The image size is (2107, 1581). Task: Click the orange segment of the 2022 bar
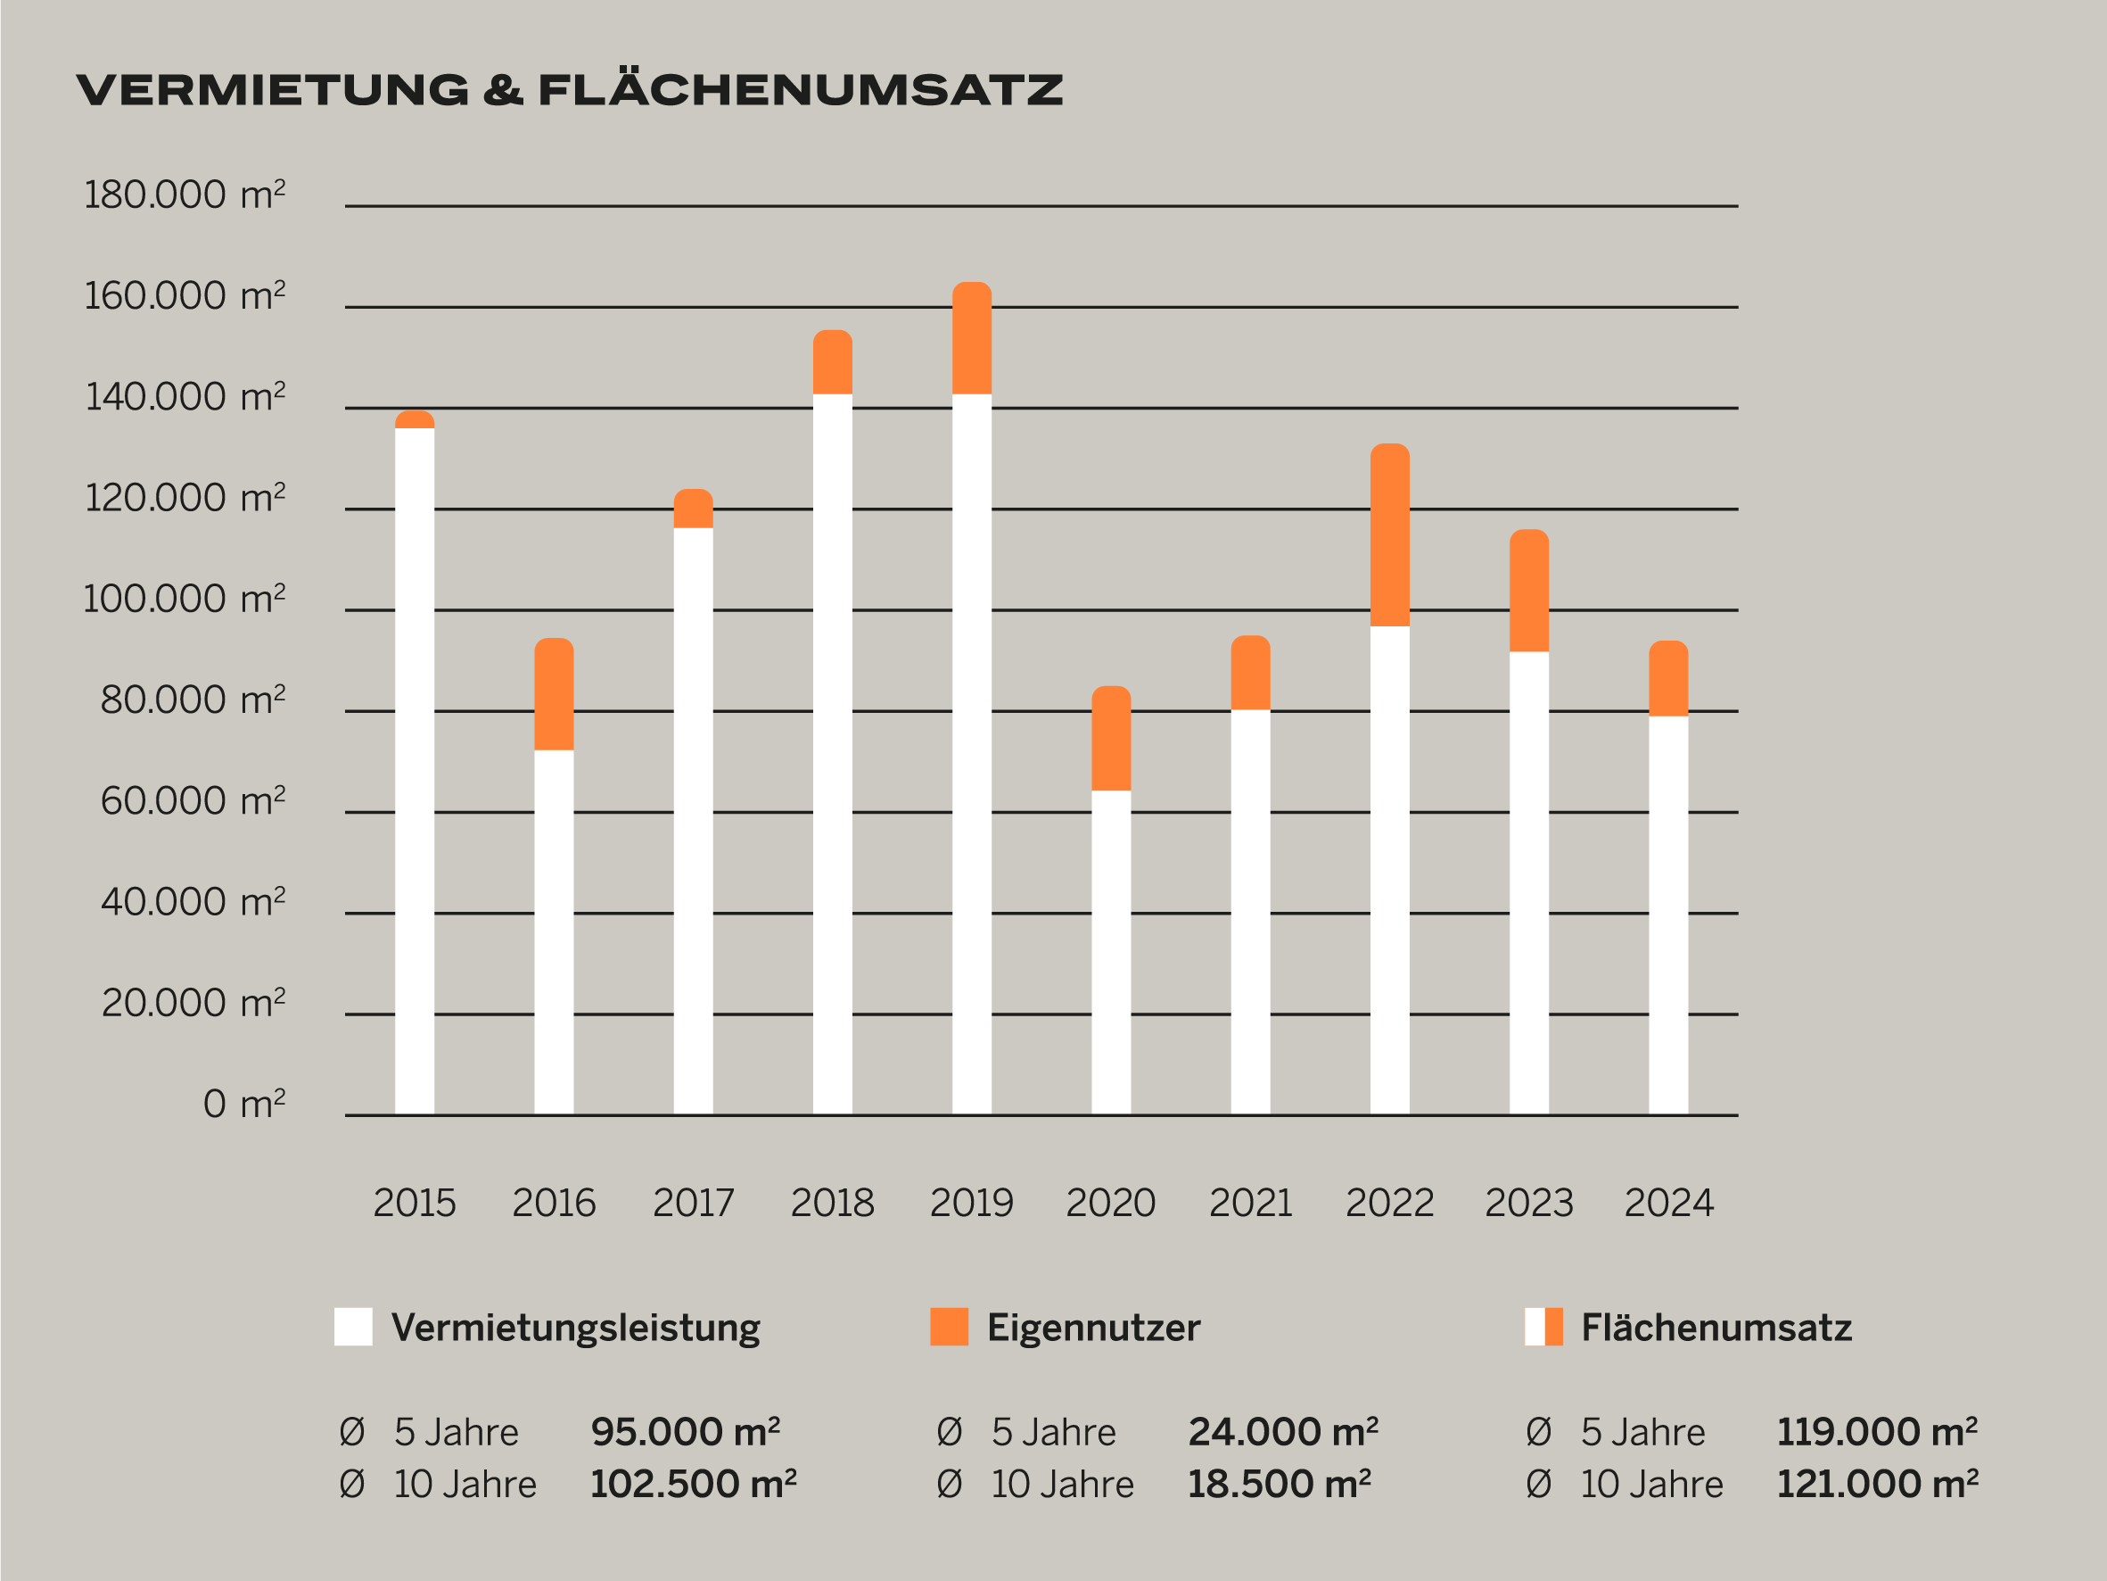pos(1390,535)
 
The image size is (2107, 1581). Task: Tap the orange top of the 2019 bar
pos(972,338)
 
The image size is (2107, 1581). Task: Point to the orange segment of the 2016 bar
pos(554,695)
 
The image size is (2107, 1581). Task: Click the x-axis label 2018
pos(832,1204)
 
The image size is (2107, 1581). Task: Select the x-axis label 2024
pos(1668,1204)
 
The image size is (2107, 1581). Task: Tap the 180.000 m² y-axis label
pos(185,195)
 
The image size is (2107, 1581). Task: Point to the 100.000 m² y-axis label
pos(185,600)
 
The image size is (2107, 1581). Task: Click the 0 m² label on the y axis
pos(243,1105)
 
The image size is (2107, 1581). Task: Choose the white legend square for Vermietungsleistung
pos(352,1327)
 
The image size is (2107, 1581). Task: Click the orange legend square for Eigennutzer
pos(949,1327)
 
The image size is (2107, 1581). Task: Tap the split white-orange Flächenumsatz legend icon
pos(1543,1327)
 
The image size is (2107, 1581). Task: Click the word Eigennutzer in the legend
pos(1092,1328)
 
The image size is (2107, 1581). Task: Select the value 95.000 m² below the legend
pos(685,1432)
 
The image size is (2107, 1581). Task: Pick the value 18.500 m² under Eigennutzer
pos(1279,1485)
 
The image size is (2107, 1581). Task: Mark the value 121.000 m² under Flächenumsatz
pos(1876,1485)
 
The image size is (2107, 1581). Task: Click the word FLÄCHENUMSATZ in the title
pos(800,90)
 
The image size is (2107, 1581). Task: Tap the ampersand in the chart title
pos(503,90)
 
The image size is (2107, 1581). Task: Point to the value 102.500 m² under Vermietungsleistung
pos(693,1485)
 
